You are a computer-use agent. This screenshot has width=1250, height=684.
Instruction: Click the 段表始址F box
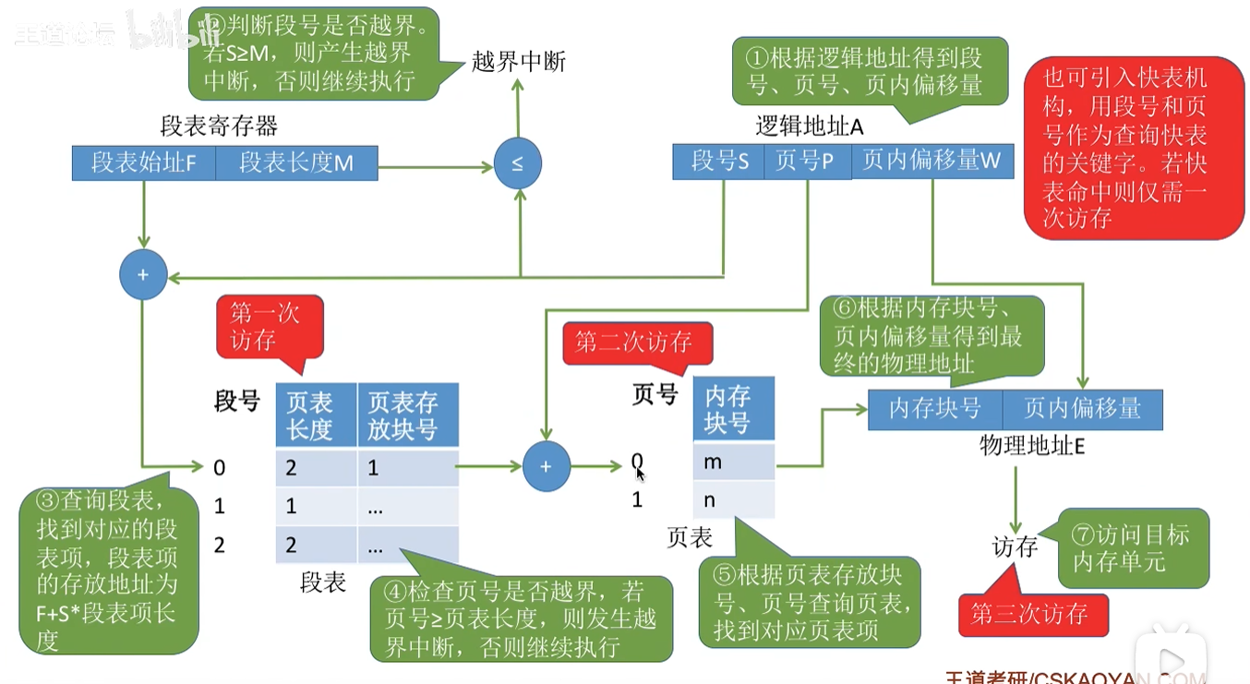coord(144,163)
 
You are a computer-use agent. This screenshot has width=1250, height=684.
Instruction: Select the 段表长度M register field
coord(296,163)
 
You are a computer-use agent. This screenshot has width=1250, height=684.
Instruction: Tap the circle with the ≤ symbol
coord(517,163)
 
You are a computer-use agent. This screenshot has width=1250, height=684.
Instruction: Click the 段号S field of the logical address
coord(719,162)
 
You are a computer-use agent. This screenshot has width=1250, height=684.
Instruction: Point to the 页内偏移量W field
coord(931,162)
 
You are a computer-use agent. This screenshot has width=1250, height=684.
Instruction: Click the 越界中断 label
coord(518,62)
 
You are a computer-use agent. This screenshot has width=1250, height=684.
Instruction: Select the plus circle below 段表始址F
coord(143,275)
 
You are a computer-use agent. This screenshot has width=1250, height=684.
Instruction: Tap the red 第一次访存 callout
coord(270,326)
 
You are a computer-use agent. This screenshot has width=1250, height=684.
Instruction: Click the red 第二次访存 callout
coord(633,342)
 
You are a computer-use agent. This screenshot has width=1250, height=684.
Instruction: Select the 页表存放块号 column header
coord(407,416)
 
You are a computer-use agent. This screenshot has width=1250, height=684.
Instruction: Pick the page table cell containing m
coord(733,462)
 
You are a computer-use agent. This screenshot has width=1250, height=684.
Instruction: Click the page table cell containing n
coord(733,499)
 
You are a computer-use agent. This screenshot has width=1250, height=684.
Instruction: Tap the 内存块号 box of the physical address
coord(934,409)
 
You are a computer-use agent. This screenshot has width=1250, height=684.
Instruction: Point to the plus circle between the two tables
coord(546,466)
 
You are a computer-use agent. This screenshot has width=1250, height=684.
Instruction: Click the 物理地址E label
coord(1031,446)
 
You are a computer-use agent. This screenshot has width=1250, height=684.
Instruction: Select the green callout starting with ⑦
coord(1132,547)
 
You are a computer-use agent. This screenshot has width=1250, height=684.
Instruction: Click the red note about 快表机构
coord(1133,148)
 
